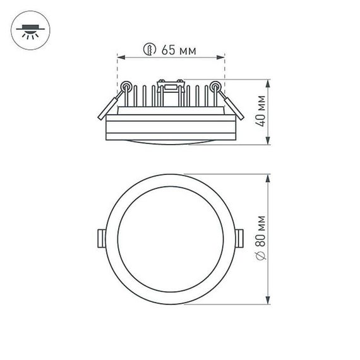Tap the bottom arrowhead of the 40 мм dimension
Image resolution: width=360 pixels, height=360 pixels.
(269, 143)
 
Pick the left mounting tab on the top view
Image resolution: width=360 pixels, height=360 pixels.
(101, 237)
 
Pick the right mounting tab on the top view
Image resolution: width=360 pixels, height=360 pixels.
(241, 237)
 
